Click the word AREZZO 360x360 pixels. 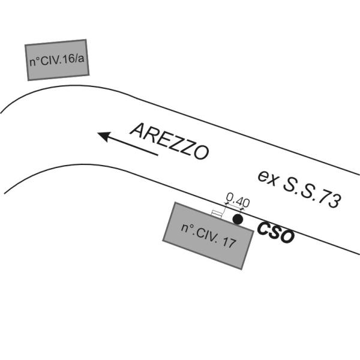tap(169, 142)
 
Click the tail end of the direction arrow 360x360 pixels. tap(157, 154)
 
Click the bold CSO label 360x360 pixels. tap(275, 233)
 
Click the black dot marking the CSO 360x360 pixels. tap(238, 220)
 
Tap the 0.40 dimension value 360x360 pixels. tap(236, 200)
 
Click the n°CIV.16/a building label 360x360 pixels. tap(57, 60)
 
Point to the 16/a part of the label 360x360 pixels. tap(73, 58)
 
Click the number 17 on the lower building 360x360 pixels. tap(226, 242)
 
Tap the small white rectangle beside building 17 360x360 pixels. tap(217, 213)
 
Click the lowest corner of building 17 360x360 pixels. tap(242, 269)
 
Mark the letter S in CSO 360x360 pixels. tap(275, 233)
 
